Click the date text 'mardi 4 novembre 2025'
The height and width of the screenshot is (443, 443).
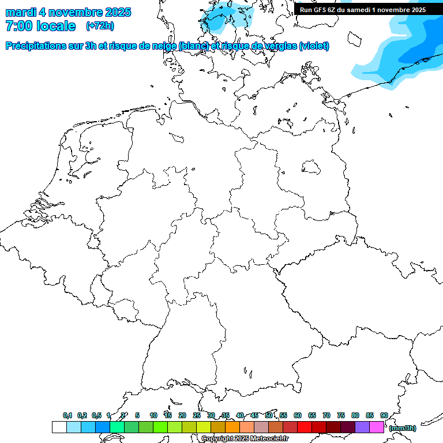[68, 12]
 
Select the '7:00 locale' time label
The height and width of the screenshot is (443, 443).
[40, 26]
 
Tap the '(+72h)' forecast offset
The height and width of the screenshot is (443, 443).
[100, 26]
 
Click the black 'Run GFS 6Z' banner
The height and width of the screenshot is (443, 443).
[363, 10]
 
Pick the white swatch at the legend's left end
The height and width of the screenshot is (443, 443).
[59, 427]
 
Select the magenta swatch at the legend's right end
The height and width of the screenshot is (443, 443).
[377, 427]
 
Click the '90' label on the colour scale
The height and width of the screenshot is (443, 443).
[384, 415]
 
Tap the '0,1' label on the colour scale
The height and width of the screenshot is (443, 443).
[67, 415]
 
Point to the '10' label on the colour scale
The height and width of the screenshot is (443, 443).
[153, 415]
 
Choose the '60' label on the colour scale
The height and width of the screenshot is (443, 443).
[298, 415]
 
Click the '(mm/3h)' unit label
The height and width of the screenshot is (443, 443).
[403, 428]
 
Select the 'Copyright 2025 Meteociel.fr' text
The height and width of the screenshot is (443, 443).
[245, 439]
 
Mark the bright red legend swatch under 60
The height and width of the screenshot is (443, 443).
[305, 427]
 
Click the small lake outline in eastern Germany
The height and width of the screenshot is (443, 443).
[311, 167]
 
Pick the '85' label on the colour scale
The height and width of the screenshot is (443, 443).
[370, 415]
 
